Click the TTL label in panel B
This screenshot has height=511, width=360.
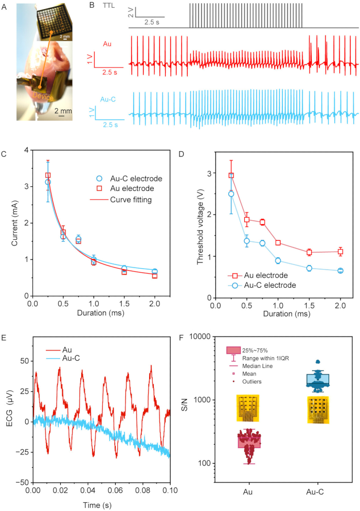pyautogui.click(x=109, y=6)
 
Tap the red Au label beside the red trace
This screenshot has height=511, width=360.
pyautogui.click(x=107, y=44)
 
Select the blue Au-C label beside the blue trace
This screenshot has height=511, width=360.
pyautogui.click(x=108, y=99)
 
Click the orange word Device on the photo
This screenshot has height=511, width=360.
pyautogui.click(x=43, y=96)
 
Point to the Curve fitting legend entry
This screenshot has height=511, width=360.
pyautogui.click(x=121, y=200)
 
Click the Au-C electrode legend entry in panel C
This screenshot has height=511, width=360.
pyautogui.click(x=129, y=179)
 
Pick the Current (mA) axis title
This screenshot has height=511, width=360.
pyautogui.click(x=14, y=223)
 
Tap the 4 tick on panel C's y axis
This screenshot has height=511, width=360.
pyautogui.click(x=26, y=150)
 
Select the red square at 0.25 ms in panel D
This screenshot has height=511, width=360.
pyautogui.click(x=231, y=175)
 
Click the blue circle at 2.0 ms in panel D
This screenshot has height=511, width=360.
pyautogui.click(x=340, y=271)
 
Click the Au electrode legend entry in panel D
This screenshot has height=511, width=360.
pyautogui.click(x=258, y=275)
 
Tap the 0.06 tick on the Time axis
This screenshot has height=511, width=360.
pyautogui.click(x=115, y=490)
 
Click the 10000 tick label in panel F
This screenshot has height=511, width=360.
pyautogui.click(x=200, y=337)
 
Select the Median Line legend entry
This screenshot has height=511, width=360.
pyautogui.click(x=253, y=366)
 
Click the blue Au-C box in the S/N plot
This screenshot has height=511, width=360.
pyautogui.click(x=318, y=379)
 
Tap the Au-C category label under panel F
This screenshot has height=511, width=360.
pyautogui.click(x=315, y=492)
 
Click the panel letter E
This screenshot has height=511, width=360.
pyautogui.click(x=4, y=338)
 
